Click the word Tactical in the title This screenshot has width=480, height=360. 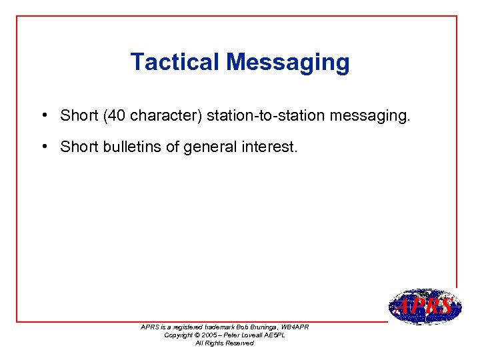tap(175, 62)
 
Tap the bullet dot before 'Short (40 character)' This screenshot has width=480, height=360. tap(42, 115)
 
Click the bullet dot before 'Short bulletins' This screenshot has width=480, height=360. tap(42, 146)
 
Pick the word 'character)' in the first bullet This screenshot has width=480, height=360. tap(166, 116)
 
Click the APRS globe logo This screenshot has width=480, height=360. tap(424, 307)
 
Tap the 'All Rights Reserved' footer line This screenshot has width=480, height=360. tap(224, 343)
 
